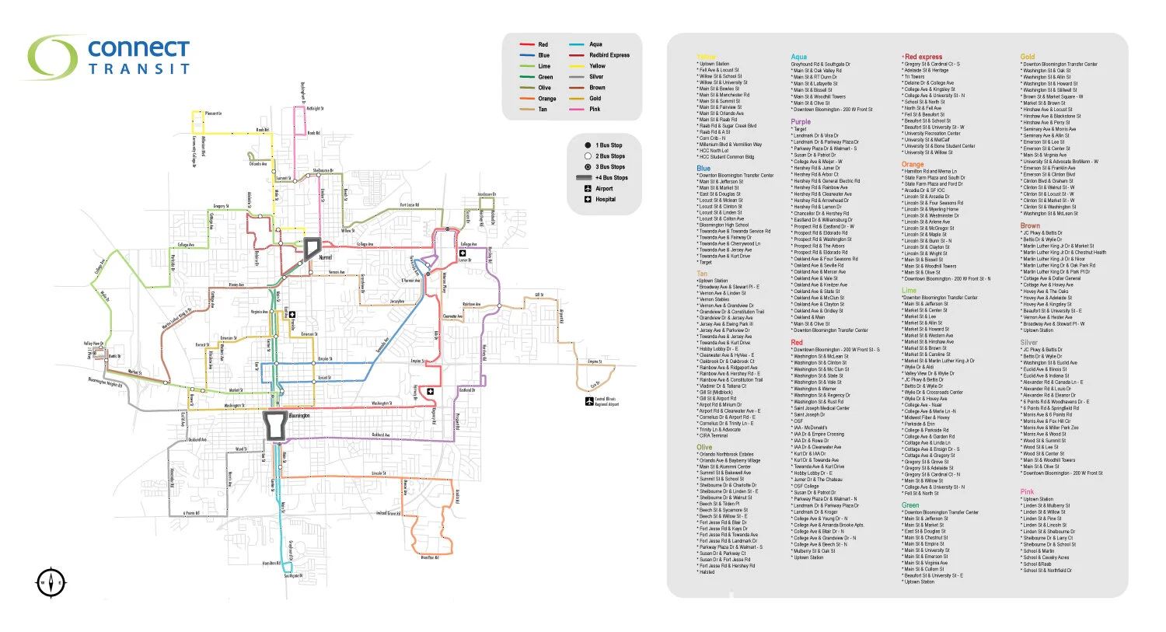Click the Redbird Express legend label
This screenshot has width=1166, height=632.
click(609, 55)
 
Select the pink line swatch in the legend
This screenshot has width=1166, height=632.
click(576, 110)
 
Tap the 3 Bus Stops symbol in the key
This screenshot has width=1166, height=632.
click(588, 167)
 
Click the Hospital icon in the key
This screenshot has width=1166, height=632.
click(588, 200)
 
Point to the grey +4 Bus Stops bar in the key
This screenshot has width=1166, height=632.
click(584, 178)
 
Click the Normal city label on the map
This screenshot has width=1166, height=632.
click(325, 257)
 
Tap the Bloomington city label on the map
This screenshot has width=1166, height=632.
click(299, 416)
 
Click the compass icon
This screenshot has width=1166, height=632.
click(51, 582)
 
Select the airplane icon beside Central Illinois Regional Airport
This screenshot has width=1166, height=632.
click(588, 400)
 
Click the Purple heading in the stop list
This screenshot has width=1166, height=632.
click(801, 122)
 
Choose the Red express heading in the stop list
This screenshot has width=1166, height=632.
click(923, 57)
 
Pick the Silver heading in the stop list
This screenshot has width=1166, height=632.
click(1028, 342)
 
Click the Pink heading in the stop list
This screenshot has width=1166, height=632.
click(1027, 492)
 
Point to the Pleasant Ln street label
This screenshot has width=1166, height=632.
click(213, 113)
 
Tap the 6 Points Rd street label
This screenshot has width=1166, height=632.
click(190, 513)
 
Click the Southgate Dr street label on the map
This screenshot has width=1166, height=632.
click(291, 576)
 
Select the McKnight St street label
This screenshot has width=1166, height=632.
click(315, 109)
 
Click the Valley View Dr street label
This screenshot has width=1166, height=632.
click(93, 344)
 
